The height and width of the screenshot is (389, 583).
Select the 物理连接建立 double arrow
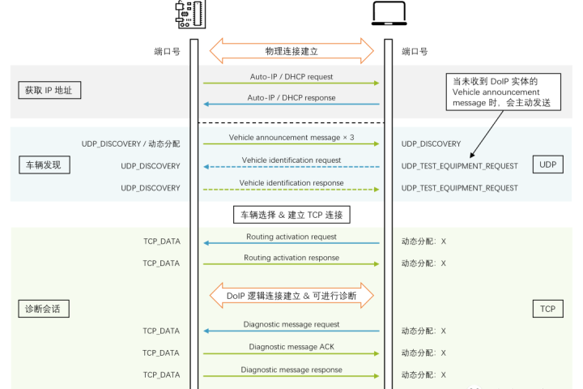pyautogui.click(x=291, y=51)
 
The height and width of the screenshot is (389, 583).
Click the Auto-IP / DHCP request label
pyautogui.click(x=291, y=77)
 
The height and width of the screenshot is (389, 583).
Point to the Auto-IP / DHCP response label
pyautogui.click(x=291, y=98)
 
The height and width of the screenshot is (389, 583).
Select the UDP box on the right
pyautogui.click(x=548, y=165)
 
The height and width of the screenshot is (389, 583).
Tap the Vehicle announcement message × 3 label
pyautogui.click(x=291, y=138)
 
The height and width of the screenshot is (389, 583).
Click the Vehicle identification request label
pyautogui.click(x=291, y=160)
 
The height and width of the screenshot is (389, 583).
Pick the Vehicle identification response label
pyautogui.click(x=291, y=183)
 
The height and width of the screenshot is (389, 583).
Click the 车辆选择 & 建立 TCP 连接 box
pyautogui.click(x=291, y=215)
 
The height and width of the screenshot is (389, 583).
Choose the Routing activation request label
pyautogui.click(x=291, y=237)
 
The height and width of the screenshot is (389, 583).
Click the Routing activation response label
pyautogui.click(x=291, y=258)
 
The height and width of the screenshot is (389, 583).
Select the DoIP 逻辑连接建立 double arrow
pyautogui.click(x=291, y=295)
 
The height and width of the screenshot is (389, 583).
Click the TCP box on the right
pyautogui.click(x=548, y=309)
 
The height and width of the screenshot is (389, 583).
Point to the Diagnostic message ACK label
pyautogui.click(x=291, y=347)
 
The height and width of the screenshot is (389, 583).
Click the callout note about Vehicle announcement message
pyautogui.click(x=495, y=93)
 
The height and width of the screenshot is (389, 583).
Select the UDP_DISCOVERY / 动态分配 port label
pyautogui.click(x=130, y=143)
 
